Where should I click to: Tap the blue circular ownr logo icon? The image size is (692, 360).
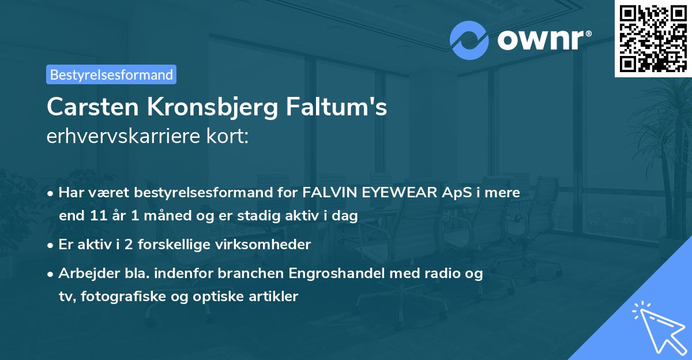click(x=469, y=40)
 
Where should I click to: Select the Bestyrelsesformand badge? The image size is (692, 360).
click(x=111, y=74)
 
